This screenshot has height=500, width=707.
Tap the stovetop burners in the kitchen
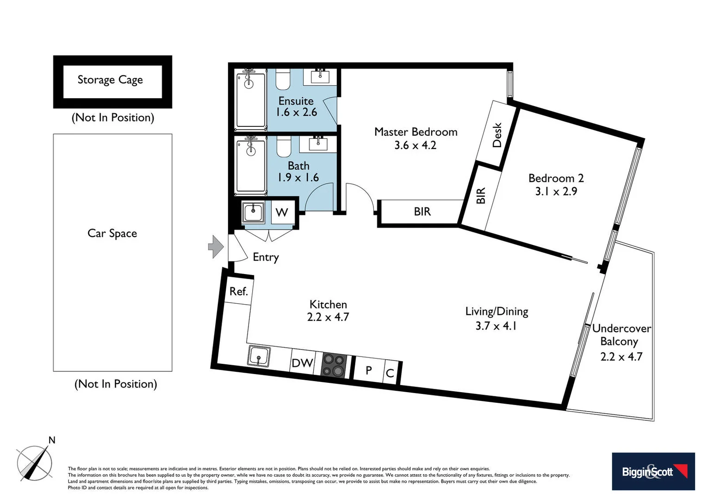(334, 365)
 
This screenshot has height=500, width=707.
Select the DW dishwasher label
(302, 363)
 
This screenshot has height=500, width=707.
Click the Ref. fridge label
(239, 291)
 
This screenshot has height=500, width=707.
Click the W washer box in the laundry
(282, 212)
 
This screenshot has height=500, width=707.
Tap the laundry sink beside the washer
(253, 212)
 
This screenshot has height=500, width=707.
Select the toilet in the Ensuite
(283, 80)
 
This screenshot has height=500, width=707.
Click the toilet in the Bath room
(284, 147)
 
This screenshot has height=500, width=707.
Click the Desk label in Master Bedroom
(497, 135)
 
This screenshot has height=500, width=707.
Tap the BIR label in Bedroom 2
(481, 196)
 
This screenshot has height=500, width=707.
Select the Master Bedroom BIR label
(422, 212)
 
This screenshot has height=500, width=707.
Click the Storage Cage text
(110, 80)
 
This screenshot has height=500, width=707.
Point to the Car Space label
(112, 233)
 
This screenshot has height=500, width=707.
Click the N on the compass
(52, 440)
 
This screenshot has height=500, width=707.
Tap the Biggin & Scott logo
(653, 471)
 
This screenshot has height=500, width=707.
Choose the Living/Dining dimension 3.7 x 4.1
(496, 326)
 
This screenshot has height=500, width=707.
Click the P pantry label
(369, 370)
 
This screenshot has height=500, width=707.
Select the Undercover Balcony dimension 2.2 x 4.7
(621, 356)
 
